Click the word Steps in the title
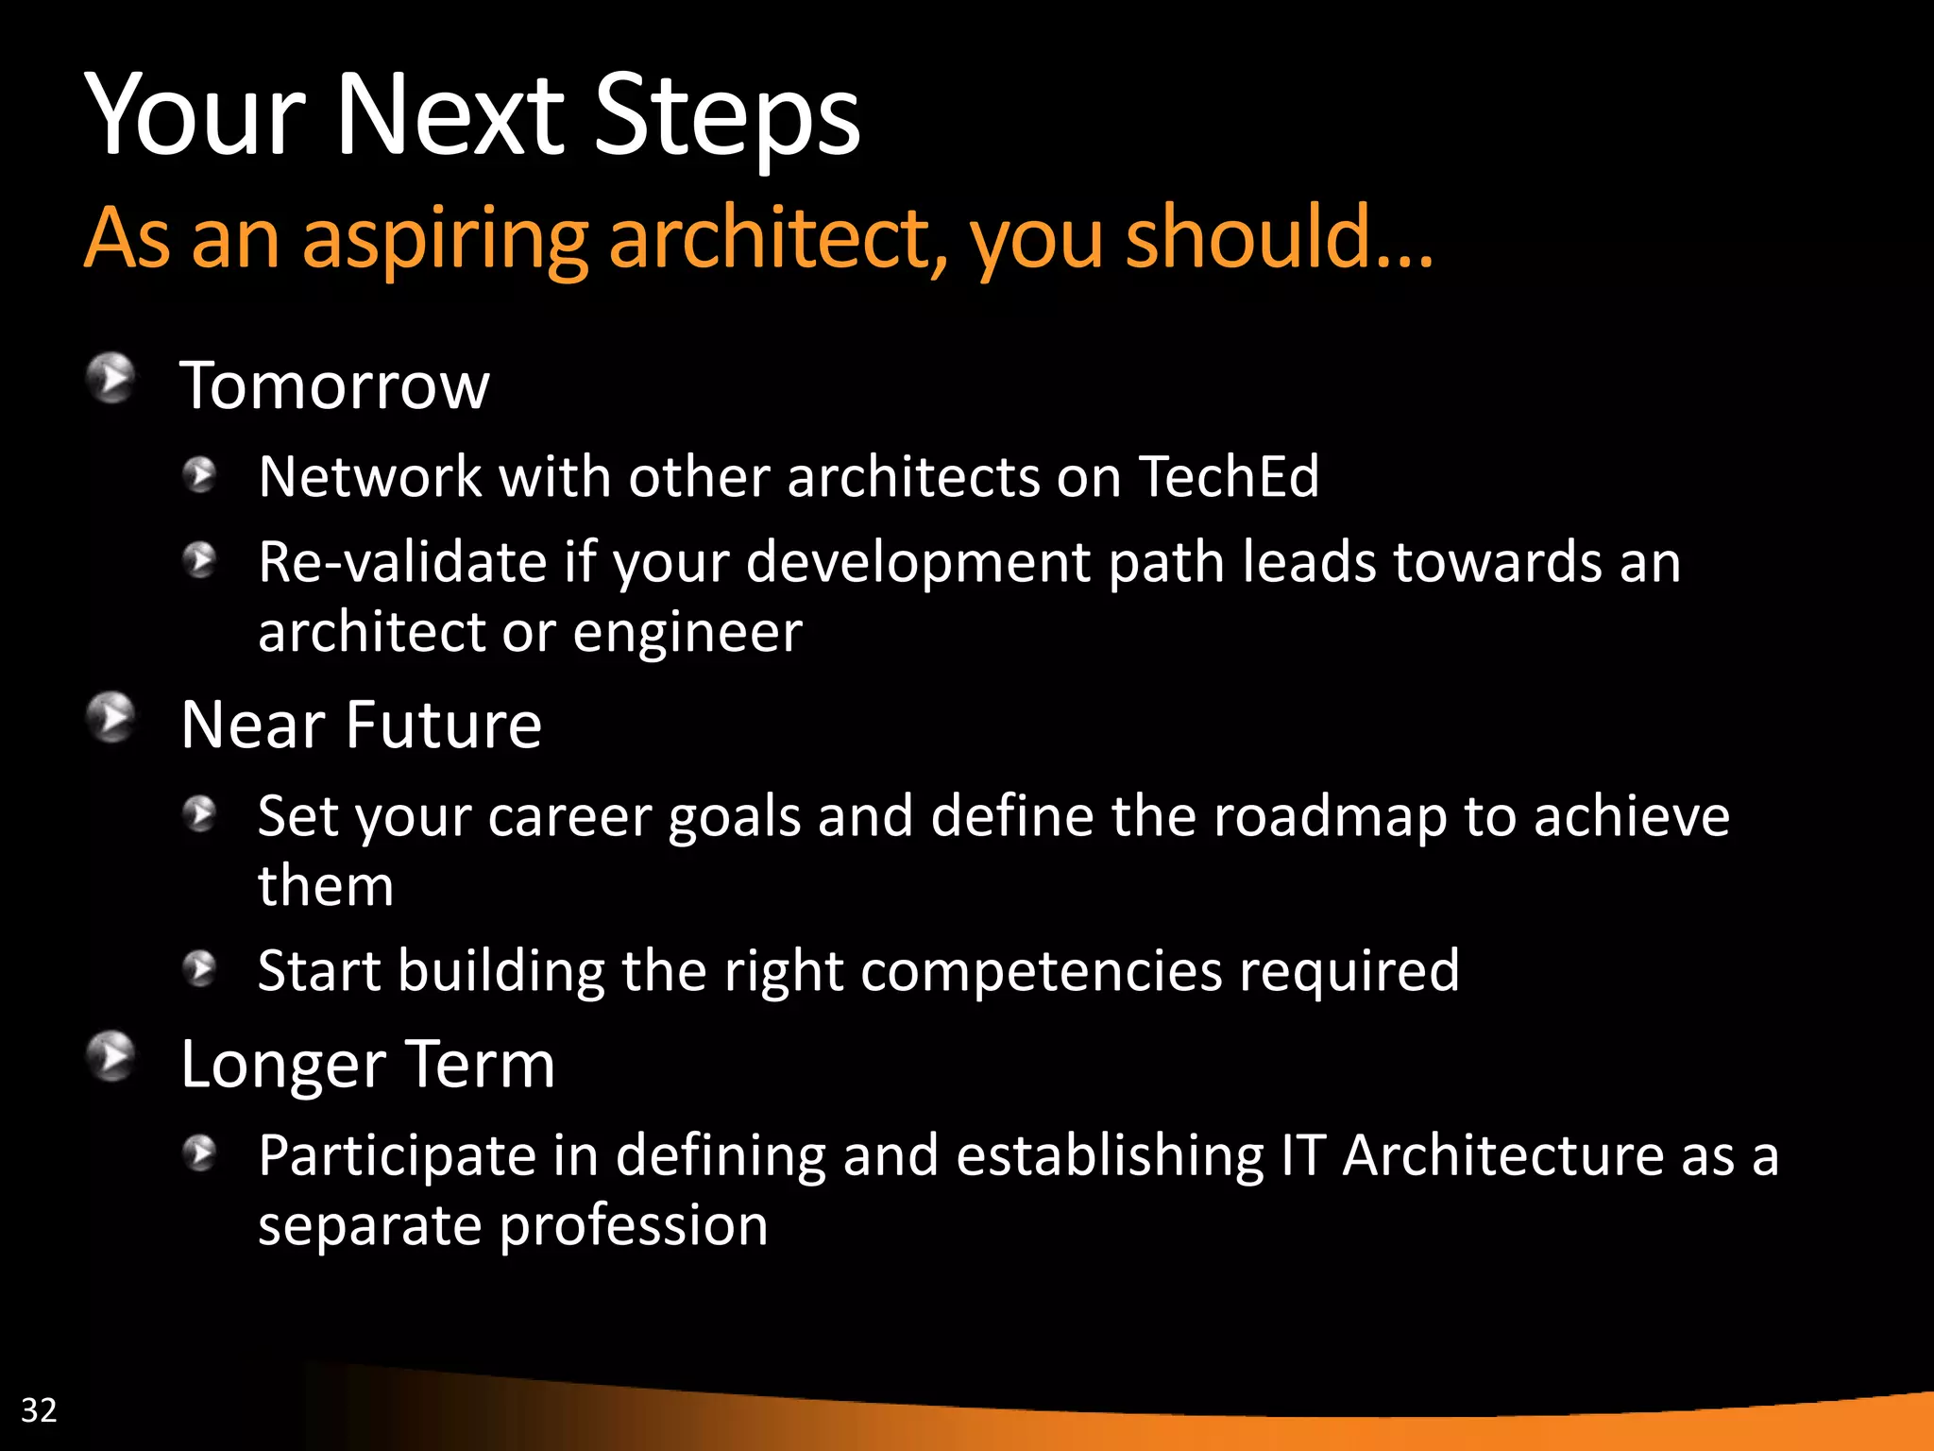(x=726, y=116)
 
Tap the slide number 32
(x=39, y=1409)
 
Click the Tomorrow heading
(x=334, y=385)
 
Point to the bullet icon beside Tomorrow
(x=111, y=378)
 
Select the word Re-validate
(x=402, y=562)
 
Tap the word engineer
(x=687, y=632)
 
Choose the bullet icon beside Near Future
(x=111, y=718)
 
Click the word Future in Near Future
(x=443, y=725)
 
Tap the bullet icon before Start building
(x=200, y=968)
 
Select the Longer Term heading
(x=367, y=1065)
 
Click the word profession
(x=633, y=1225)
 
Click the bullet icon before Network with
(x=200, y=474)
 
